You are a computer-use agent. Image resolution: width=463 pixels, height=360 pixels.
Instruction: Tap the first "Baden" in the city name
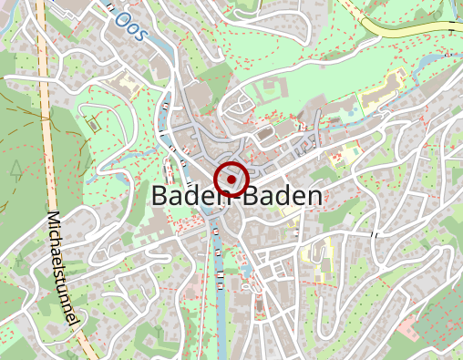point(185,196)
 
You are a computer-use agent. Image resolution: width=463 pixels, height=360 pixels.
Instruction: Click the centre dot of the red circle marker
point(231,180)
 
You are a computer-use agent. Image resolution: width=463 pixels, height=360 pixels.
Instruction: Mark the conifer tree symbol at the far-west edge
point(16,166)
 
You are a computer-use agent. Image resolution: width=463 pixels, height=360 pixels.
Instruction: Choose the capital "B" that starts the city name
point(159,196)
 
